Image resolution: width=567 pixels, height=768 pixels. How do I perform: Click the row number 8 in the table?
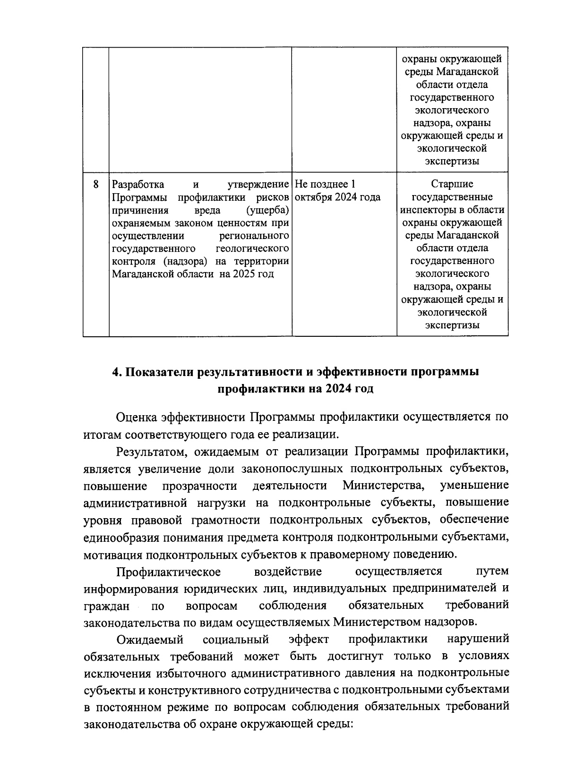(x=96, y=184)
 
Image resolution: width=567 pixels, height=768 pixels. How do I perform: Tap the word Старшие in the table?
(x=452, y=184)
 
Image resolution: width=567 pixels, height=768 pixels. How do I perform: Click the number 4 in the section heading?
(x=115, y=372)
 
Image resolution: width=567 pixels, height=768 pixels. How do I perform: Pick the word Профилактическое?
(x=169, y=572)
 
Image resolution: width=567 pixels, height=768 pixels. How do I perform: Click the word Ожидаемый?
(x=150, y=640)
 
